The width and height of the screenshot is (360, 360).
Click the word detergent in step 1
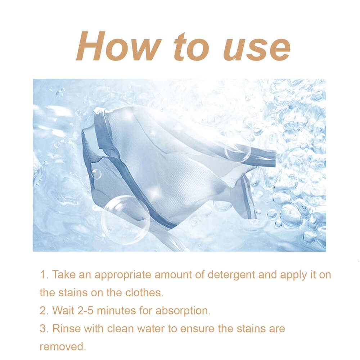coord(231,275)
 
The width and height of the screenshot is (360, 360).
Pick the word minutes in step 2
coord(120,310)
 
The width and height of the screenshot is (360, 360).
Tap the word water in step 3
coord(150,328)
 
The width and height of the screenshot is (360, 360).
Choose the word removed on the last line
coord(63,346)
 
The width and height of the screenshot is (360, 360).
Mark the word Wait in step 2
coord(63,310)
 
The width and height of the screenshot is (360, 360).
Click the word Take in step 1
coord(64,275)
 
